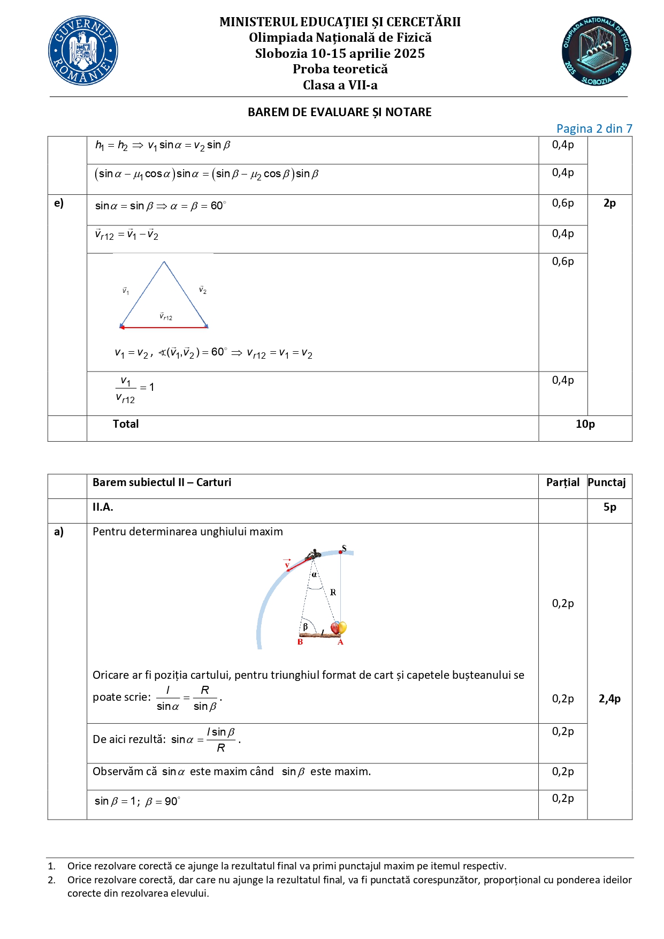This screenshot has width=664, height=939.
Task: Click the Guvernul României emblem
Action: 83,51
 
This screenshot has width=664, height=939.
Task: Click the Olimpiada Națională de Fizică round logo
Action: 596,51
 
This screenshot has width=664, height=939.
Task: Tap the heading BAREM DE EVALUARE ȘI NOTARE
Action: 339,112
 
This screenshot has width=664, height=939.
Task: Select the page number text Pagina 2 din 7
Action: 594,128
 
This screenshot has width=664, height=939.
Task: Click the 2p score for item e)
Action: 609,203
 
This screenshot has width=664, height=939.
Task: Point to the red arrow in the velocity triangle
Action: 164,327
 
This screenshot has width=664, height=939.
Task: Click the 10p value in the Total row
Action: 585,424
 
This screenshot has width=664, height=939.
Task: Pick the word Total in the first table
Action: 126,424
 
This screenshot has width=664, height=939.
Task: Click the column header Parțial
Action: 562,482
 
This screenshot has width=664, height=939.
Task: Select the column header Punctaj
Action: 606,482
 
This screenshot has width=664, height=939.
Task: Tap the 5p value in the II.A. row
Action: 609,507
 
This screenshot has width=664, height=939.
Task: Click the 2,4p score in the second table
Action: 609,699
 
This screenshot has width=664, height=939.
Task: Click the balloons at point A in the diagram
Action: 339,627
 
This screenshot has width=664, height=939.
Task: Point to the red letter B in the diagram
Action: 300,642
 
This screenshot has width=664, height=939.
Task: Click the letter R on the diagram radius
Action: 333,593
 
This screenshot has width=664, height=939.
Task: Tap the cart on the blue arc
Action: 312,555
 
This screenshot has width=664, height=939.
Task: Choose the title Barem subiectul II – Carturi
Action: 162,482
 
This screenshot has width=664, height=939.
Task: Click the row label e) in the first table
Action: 59,203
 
